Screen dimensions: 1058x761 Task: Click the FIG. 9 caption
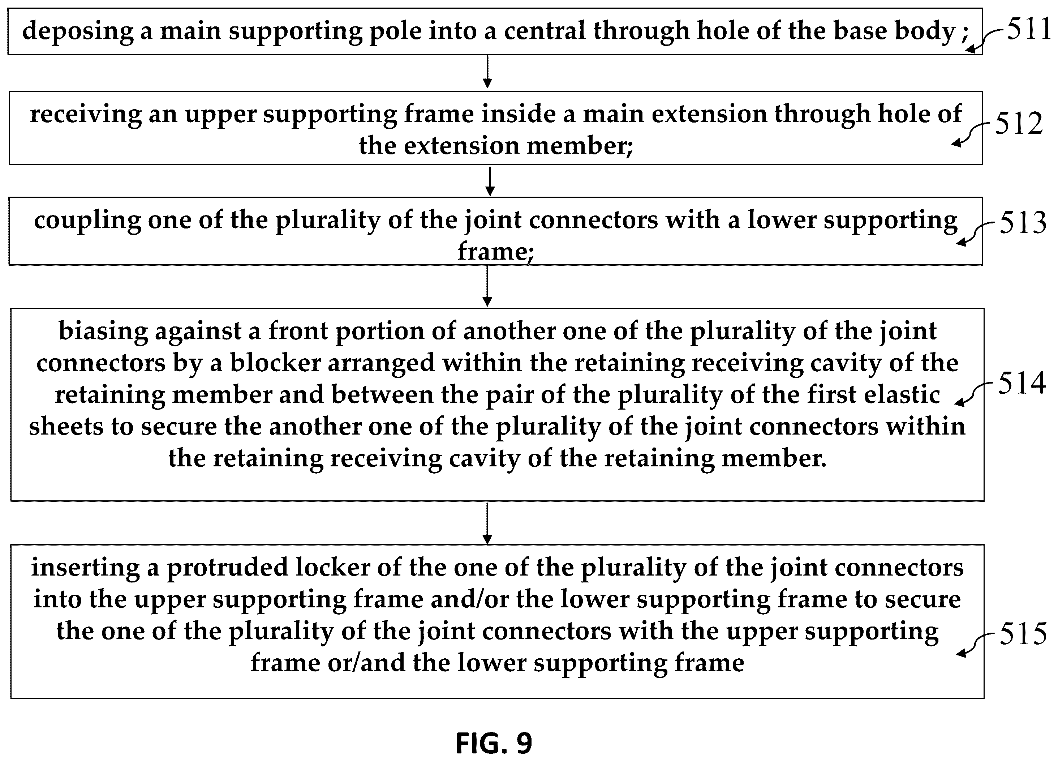(494, 743)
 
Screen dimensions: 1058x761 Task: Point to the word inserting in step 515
(85, 569)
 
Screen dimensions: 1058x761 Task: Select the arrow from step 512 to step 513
(490, 181)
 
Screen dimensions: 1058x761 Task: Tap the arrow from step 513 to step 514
(487, 286)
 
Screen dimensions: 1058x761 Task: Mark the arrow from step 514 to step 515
(487, 523)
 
